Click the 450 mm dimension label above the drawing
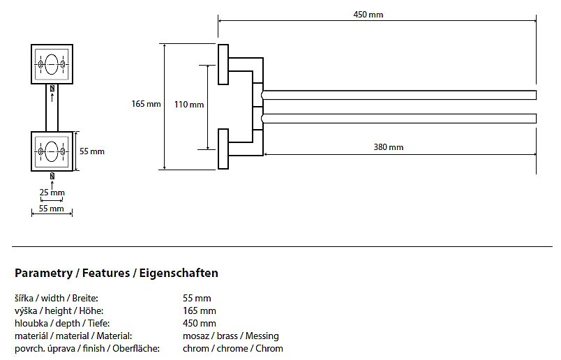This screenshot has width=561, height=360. click(368, 15)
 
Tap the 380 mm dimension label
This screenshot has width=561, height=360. click(389, 147)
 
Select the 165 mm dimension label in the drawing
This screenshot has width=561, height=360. click(146, 104)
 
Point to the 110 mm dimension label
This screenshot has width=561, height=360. click(189, 105)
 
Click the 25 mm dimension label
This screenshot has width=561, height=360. click(52, 193)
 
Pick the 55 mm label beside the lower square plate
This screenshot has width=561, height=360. click(92, 151)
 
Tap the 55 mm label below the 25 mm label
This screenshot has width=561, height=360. click(51, 209)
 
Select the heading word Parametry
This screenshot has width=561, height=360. click(43, 273)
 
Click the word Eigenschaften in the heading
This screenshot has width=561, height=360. click(179, 273)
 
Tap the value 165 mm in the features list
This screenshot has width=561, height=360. click(200, 310)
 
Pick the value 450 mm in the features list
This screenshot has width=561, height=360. click(200, 323)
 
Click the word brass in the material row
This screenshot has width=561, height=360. click(227, 336)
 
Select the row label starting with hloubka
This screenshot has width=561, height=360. click(62, 324)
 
